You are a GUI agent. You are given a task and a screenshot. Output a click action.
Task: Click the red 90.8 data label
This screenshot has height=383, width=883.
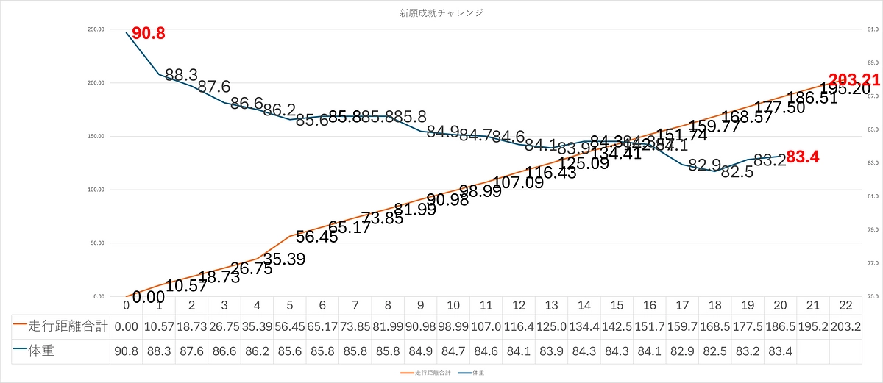(x=148, y=33)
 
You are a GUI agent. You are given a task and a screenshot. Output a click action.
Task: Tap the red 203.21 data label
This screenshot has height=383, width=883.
(x=854, y=80)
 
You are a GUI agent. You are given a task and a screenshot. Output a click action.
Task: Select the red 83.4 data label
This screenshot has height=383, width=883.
(x=803, y=157)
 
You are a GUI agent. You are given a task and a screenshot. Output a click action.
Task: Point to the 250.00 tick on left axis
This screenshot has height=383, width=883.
(x=96, y=29)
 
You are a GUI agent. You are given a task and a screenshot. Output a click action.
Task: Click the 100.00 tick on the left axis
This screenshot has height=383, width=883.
(x=96, y=190)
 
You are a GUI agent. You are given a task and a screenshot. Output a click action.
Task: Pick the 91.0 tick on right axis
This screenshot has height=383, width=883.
(x=873, y=29)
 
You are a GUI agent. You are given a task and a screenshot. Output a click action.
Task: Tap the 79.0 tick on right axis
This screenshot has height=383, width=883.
(x=873, y=230)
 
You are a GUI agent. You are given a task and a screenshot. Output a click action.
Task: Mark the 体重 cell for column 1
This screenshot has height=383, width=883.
(x=159, y=351)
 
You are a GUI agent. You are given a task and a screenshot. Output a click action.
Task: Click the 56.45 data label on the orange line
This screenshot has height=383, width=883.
(x=317, y=237)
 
